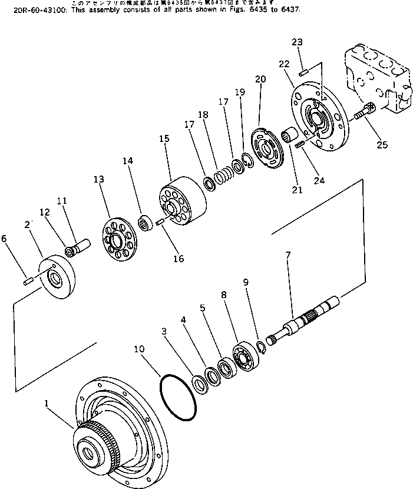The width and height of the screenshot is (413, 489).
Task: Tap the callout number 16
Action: [x=178, y=258]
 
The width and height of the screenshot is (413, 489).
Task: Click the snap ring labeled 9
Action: [x=262, y=348]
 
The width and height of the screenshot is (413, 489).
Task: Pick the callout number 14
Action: [x=128, y=160]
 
